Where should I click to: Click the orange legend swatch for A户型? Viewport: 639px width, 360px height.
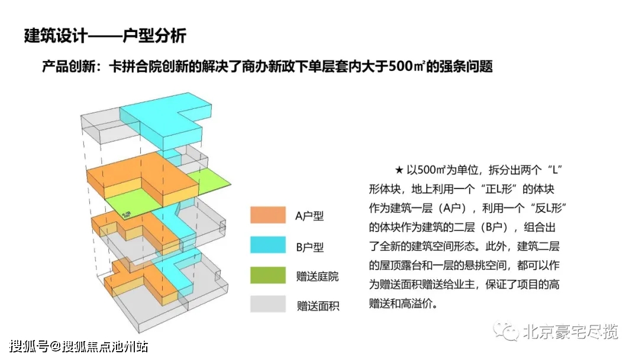coord(268,215)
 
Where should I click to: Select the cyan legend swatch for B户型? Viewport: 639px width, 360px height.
coord(268,246)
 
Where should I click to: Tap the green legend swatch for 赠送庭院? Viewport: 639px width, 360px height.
coord(268,275)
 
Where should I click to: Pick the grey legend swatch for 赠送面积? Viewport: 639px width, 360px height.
coord(268,304)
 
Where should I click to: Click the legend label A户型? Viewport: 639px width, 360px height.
coord(309,216)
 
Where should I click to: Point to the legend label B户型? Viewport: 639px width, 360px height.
coord(309,247)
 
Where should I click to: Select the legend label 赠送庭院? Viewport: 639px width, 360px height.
coord(318,276)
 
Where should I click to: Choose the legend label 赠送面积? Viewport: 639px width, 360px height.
coord(318,306)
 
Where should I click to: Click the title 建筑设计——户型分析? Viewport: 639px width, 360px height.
coord(105,36)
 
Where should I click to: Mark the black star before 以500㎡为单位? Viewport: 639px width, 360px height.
coord(399,169)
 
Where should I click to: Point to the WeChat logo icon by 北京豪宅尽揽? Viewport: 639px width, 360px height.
coord(505,330)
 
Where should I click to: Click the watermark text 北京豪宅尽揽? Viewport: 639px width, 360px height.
coord(570,332)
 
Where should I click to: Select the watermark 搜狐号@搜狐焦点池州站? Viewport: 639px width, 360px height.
coord(79,346)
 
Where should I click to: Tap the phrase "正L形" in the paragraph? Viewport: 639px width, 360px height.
coord(499,189)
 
